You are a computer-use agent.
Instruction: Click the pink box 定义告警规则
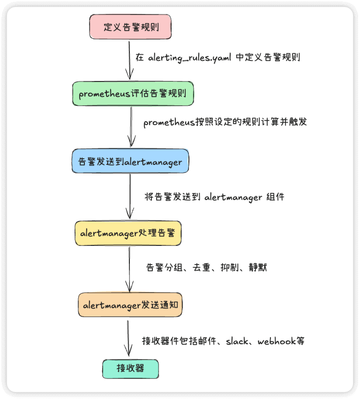[130, 27]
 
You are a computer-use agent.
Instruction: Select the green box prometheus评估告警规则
[133, 93]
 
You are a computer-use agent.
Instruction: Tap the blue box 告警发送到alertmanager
[130, 162]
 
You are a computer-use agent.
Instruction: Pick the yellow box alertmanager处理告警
[128, 233]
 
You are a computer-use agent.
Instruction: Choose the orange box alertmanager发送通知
[130, 305]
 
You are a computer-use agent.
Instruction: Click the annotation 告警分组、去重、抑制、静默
[207, 268]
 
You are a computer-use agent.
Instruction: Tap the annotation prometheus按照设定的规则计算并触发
[225, 123]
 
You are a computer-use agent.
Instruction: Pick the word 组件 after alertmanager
[275, 197]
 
